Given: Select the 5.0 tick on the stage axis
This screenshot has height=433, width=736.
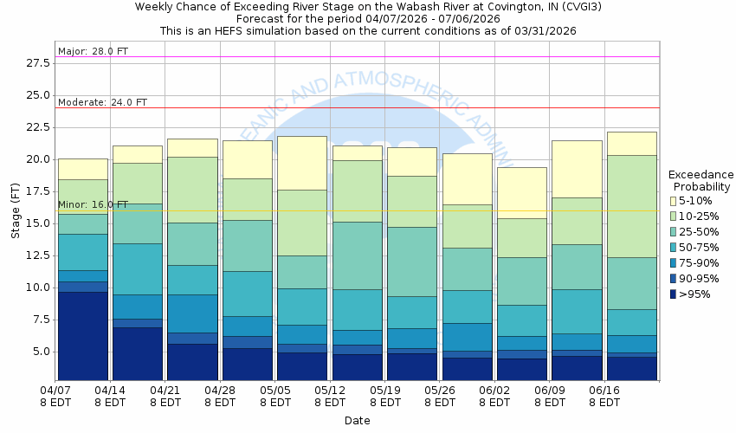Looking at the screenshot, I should coord(38,352).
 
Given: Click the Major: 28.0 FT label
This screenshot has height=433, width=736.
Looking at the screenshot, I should coord(93,51).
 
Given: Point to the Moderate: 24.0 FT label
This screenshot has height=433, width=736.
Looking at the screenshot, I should coord(102,102).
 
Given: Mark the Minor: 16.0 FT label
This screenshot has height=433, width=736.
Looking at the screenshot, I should coord(93,204).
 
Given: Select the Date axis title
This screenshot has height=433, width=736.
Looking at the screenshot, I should coord(357,421).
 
